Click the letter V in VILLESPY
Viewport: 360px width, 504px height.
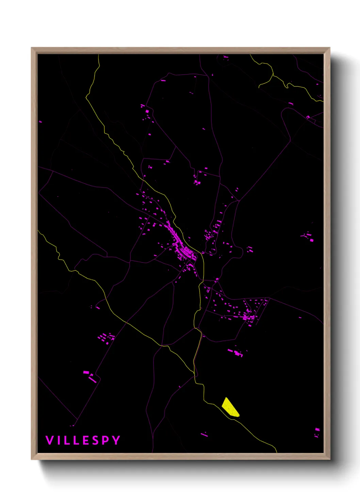point(49,440)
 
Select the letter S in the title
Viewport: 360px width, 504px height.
point(96,440)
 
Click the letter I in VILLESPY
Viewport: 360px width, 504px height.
point(59,440)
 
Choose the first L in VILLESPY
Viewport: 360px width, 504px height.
point(67,440)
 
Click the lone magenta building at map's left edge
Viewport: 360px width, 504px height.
point(40,122)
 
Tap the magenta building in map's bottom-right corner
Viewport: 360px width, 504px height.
point(317,430)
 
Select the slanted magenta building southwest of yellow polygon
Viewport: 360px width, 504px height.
point(204,435)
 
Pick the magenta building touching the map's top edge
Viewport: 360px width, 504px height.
point(225,57)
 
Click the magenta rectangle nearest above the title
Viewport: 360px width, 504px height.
point(72,425)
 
